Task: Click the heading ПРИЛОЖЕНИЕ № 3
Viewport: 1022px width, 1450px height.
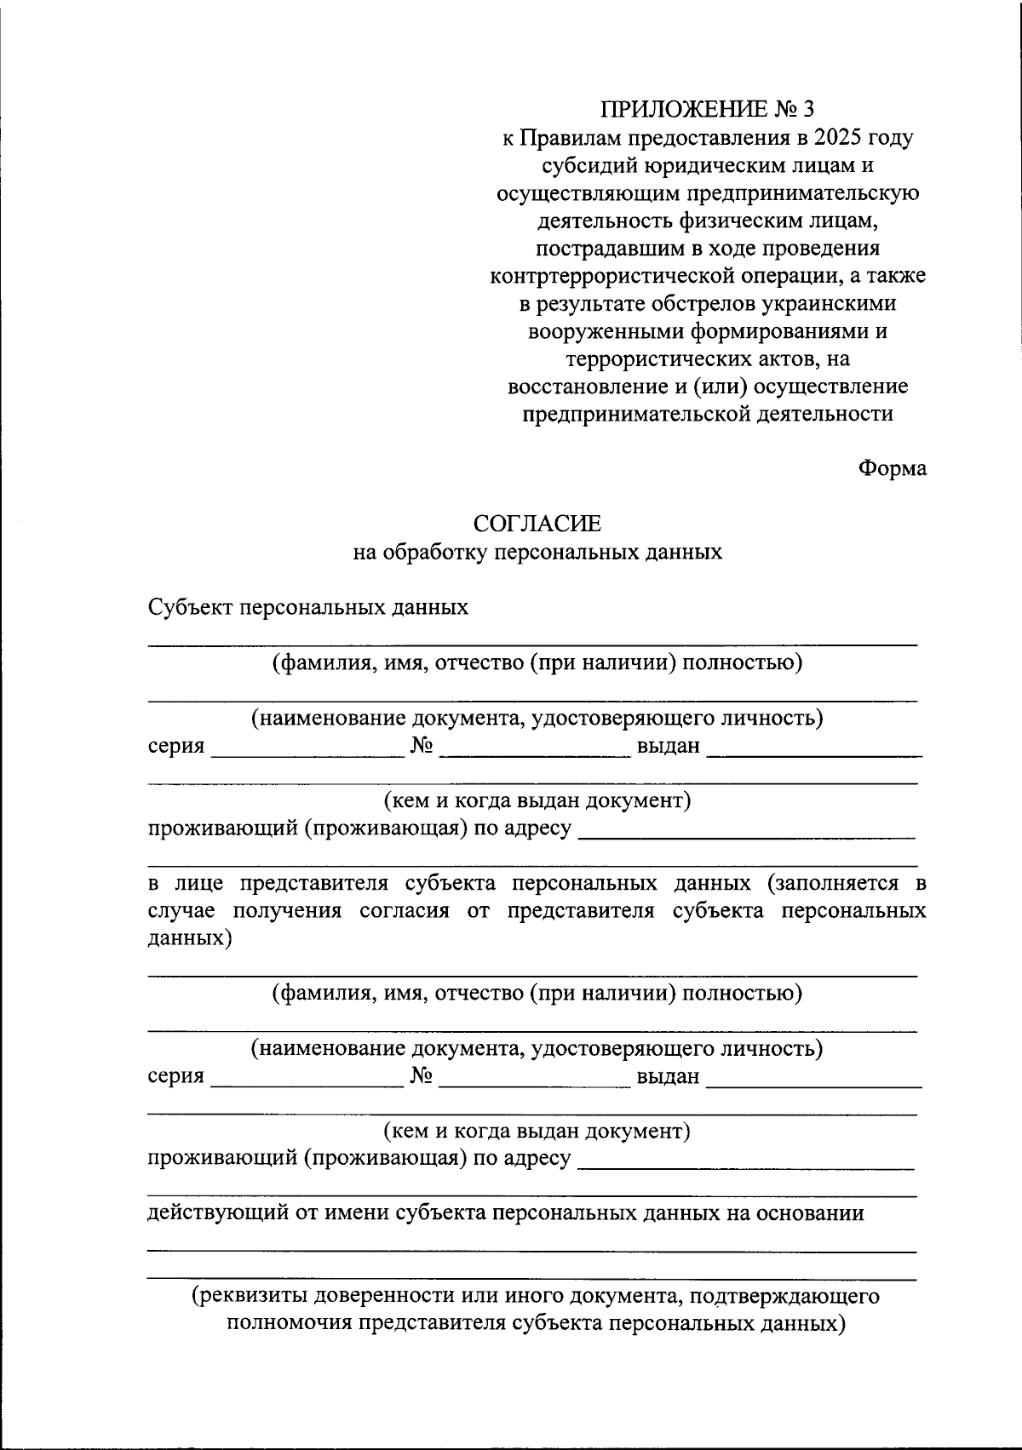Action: pos(708,109)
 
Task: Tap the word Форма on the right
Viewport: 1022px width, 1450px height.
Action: pos(892,468)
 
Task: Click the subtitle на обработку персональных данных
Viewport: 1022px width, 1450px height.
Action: pos(537,553)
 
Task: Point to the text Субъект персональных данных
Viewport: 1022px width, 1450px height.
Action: pos(308,607)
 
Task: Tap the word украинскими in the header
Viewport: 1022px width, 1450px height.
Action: pos(832,303)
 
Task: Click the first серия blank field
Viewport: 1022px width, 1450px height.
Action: pos(307,748)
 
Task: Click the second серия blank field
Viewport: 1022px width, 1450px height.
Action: pos(307,1079)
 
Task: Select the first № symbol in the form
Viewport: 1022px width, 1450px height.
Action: pos(422,746)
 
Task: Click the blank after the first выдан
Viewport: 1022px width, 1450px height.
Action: pos(814,748)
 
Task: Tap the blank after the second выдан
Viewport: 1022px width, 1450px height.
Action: pos(814,1079)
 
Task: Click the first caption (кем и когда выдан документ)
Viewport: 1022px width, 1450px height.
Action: pos(537,800)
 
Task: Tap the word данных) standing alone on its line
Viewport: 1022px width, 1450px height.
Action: pos(189,938)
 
